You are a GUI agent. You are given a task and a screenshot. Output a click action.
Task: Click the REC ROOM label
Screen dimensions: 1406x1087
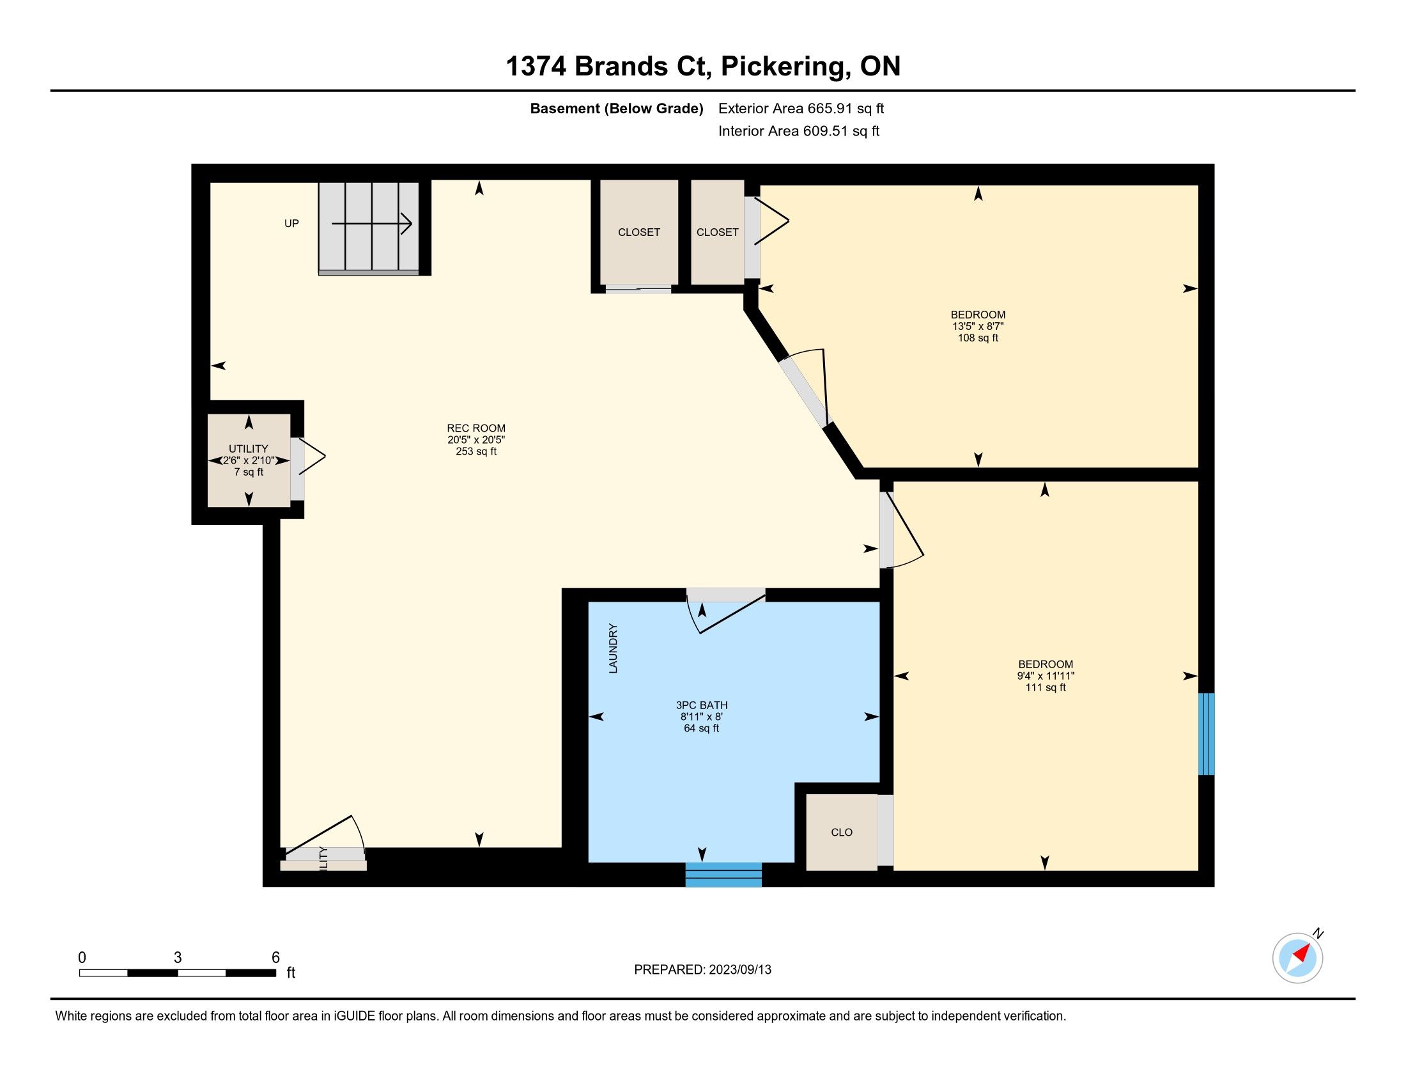(x=475, y=428)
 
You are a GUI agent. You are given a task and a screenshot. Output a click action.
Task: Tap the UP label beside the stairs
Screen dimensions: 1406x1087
(x=291, y=223)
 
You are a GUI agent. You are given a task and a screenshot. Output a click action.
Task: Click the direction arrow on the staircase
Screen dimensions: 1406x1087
(x=371, y=223)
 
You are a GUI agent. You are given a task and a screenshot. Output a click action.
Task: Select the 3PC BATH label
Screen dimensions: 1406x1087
(x=702, y=705)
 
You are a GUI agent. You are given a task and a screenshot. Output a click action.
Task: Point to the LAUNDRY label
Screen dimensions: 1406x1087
(x=613, y=648)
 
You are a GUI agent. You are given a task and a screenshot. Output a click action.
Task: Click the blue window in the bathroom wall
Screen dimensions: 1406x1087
(x=723, y=875)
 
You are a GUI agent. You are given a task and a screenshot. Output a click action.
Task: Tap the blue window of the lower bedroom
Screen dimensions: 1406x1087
(x=1206, y=733)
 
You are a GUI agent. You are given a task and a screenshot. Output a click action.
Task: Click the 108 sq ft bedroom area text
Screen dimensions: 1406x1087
(x=978, y=338)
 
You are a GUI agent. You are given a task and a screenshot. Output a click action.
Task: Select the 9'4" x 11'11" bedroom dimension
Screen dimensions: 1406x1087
(x=1046, y=675)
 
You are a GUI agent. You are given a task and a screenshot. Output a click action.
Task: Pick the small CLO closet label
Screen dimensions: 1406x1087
(x=842, y=832)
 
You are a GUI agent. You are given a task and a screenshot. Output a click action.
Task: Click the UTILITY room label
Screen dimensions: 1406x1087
(x=249, y=448)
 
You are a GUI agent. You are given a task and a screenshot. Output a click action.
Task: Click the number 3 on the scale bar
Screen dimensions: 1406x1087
(x=178, y=958)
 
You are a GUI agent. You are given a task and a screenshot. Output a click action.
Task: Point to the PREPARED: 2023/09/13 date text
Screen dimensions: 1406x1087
(x=702, y=970)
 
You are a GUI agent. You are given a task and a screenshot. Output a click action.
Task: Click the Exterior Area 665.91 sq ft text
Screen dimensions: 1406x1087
(x=801, y=108)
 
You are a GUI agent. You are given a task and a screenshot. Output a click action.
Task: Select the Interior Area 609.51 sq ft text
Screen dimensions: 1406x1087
(x=799, y=130)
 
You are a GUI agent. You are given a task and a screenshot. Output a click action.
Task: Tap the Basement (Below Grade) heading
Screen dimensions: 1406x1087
(x=616, y=108)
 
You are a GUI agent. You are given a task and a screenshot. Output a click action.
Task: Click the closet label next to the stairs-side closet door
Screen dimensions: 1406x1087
(x=638, y=232)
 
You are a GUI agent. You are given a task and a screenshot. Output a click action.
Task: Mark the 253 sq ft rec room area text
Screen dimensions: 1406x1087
(x=475, y=451)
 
